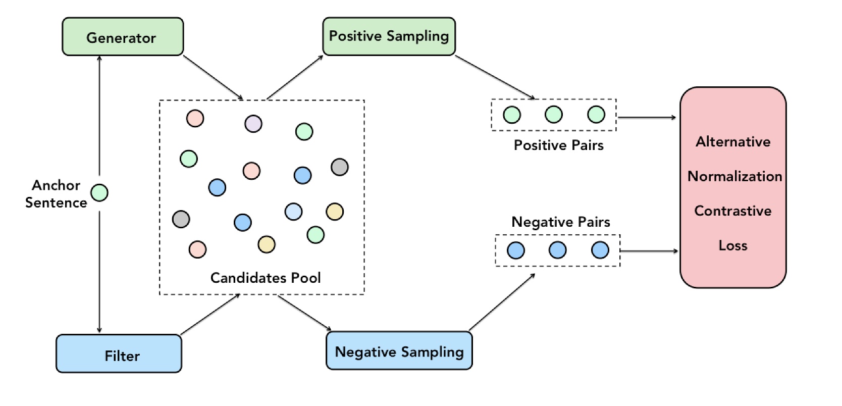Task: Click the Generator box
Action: point(122,37)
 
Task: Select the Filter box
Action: point(119,354)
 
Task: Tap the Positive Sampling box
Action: point(389,36)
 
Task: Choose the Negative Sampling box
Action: point(399,351)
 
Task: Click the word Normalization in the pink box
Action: point(734,176)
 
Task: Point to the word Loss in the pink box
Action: point(732,246)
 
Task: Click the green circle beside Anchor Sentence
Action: point(99,192)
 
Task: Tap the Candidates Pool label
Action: point(266,278)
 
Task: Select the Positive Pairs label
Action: point(558,145)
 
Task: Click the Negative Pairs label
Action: point(560,222)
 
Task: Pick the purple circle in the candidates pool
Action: point(253,123)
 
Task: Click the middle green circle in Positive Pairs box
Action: point(554,115)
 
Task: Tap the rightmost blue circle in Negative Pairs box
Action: point(600,250)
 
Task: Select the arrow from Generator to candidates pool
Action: point(213,77)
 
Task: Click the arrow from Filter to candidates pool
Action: point(210,314)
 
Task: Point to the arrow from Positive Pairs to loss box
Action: point(647,118)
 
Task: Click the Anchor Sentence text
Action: point(56,194)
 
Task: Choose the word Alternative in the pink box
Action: point(733,142)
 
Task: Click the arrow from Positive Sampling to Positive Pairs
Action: point(495,77)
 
